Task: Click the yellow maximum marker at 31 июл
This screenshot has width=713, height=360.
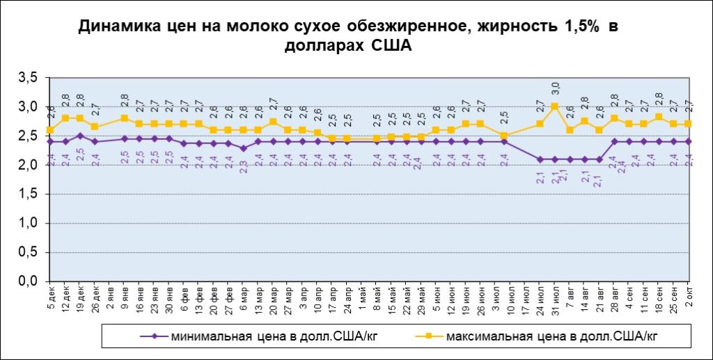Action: pyautogui.click(x=555, y=107)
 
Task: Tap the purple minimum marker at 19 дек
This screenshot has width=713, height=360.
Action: pyautogui.click(x=80, y=136)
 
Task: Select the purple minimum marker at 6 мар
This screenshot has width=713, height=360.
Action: pyautogui.click(x=244, y=148)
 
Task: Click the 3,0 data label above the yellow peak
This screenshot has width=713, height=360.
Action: pyautogui.click(x=555, y=88)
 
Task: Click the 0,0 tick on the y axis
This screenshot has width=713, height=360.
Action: pyautogui.click(x=28, y=281)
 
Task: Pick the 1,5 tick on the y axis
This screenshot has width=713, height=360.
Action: pyautogui.click(x=28, y=194)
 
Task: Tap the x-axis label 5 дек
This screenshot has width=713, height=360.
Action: pyautogui.click(x=51, y=296)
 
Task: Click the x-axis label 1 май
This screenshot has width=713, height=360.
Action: pyautogui.click(x=362, y=296)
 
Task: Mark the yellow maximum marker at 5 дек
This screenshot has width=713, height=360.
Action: pyautogui.click(x=50, y=130)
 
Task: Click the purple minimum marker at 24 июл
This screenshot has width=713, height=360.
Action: pyautogui.click(x=540, y=159)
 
